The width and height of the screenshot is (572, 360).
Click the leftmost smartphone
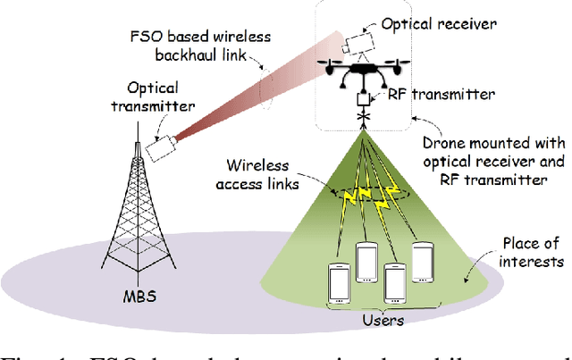click(x=339, y=282)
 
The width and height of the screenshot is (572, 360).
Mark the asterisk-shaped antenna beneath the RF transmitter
click(x=363, y=117)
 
